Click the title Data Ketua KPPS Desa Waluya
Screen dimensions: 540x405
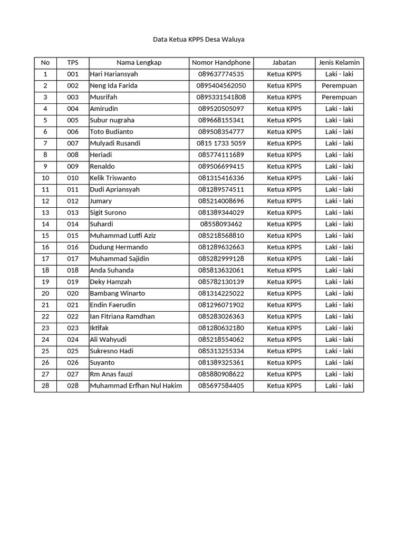click(x=198, y=40)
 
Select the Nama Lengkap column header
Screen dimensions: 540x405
click(x=139, y=62)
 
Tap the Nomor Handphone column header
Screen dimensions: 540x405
click(x=221, y=62)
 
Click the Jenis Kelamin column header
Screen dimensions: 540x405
click(x=339, y=62)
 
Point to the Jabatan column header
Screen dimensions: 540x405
click(x=284, y=62)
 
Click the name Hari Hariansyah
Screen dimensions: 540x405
click(x=114, y=74)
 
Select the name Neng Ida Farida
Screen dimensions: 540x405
click(x=114, y=85)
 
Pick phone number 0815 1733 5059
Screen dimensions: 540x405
click(x=221, y=143)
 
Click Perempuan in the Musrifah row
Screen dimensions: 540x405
click(x=339, y=97)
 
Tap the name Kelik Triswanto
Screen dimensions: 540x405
click(x=113, y=178)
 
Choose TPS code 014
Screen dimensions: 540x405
click(x=73, y=224)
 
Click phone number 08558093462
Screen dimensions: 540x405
click(x=221, y=224)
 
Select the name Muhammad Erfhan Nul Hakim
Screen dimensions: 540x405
click(x=136, y=385)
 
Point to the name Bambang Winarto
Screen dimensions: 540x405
click(x=118, y=293)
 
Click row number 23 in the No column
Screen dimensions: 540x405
click(x=45, y=328)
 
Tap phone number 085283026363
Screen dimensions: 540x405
click(x=221, y=316)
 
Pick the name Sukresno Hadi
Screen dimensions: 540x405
click(x=112, y=351)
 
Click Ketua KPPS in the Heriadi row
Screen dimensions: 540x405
click(x=284, y=155)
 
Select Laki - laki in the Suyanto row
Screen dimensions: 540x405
click(x=339, y=362)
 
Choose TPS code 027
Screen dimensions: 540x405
click(x=73, y=374)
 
